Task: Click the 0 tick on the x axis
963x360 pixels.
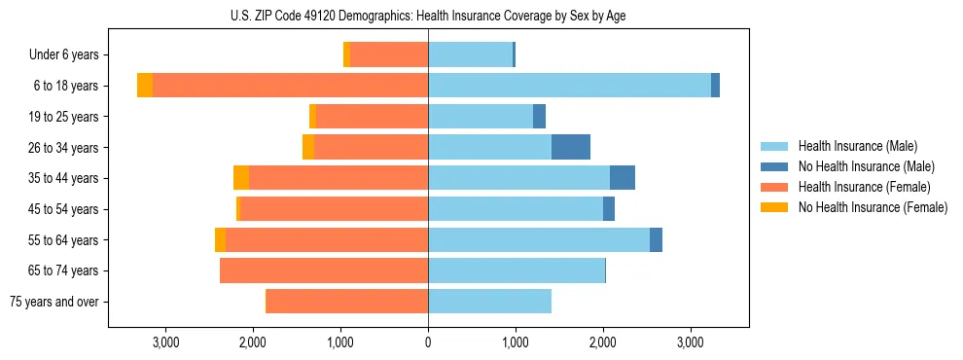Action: click(428, 342)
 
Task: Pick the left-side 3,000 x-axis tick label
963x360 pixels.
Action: click(165, 342)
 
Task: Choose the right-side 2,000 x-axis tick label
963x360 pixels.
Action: click(603, 342)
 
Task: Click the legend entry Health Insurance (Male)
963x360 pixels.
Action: click(858, 146)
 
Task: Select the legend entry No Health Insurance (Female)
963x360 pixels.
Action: click(873, 207)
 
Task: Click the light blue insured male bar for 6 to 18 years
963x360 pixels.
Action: click(569, 86)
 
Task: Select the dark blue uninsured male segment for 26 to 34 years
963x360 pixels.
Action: click(571, 147)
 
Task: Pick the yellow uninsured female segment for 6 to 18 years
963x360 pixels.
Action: click(145, 86)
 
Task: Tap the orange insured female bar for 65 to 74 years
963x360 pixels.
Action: click(324, 270)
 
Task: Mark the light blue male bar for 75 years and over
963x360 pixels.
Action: click(489, 302)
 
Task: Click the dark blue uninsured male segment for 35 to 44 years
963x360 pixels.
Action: click(623, 178)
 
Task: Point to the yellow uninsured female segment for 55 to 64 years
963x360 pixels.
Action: click(220, 239)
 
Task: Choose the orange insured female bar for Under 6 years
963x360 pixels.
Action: click(389, 55)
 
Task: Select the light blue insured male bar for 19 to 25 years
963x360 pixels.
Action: click(481, 117)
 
